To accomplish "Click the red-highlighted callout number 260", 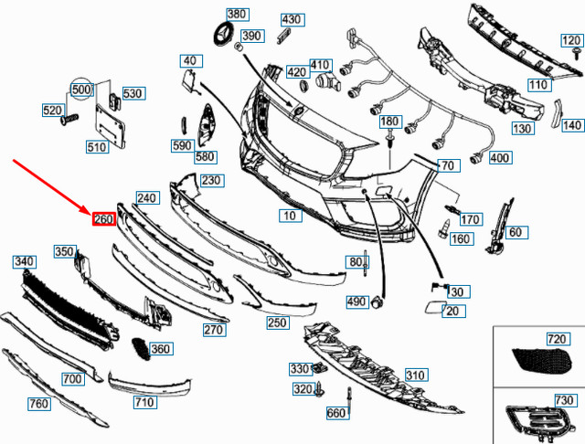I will [x=102, y=219].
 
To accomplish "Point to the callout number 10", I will [x=290, y=217].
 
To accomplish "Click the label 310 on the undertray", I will [x=416, y=375].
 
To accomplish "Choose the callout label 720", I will [x=557, y=339].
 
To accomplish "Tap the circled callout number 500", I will [x=82, y=90].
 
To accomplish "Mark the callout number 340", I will [x=24, y=261].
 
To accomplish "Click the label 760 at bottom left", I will [x=39, y=404].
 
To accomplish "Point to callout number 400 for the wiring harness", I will [x=500, y=158].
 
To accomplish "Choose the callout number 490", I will [x=356, y=301].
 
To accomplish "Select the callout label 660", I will [x=336, y=413].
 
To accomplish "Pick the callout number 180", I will [x=389, y=122].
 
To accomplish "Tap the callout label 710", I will [x=144, y=401].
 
